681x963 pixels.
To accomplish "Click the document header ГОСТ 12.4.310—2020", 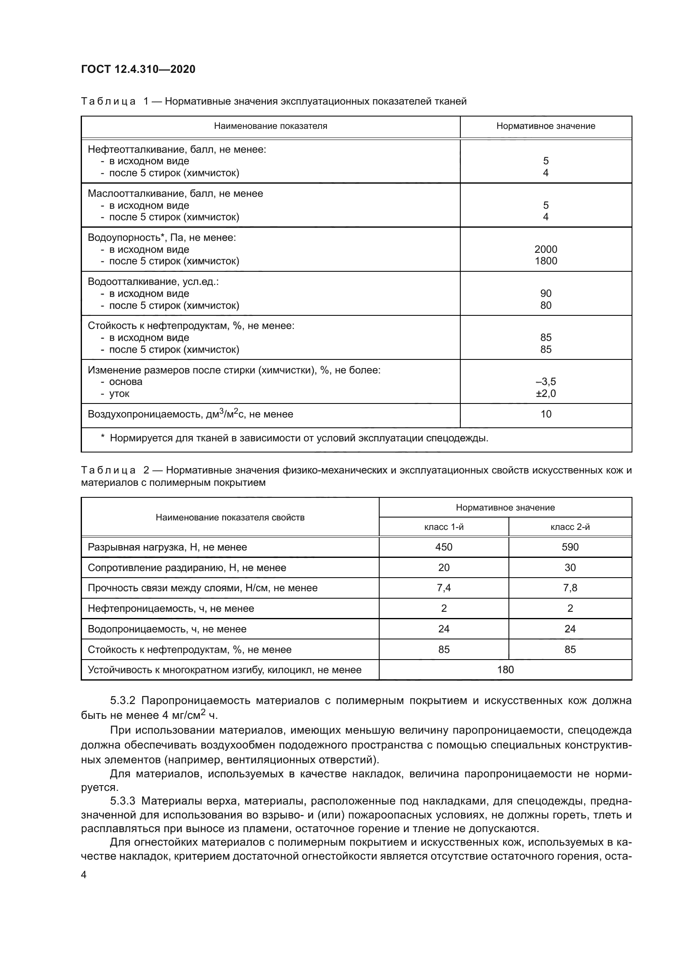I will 138,69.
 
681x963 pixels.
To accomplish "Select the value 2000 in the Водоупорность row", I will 546,249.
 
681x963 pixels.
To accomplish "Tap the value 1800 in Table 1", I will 546,261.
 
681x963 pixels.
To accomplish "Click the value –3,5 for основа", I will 546,382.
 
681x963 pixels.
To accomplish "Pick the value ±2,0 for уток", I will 546,394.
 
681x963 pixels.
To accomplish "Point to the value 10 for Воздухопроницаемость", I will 546,415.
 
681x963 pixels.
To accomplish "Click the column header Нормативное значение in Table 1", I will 546,126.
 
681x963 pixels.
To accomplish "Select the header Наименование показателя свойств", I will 230,518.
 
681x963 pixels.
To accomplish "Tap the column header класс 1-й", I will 444,527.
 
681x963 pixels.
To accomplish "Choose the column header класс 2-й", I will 570,527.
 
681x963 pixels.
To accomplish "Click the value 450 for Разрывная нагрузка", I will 444,547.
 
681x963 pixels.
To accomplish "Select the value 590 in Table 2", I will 570,547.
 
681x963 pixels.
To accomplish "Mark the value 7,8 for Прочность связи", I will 570,588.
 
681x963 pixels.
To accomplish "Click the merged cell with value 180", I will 505,670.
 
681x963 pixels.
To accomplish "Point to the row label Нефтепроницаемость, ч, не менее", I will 171,609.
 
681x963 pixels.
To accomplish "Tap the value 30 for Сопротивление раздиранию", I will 570,568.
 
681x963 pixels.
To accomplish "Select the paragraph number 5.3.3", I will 122,801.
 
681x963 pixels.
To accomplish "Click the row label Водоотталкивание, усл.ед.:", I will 153,282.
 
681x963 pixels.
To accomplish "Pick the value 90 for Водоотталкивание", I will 546,294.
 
